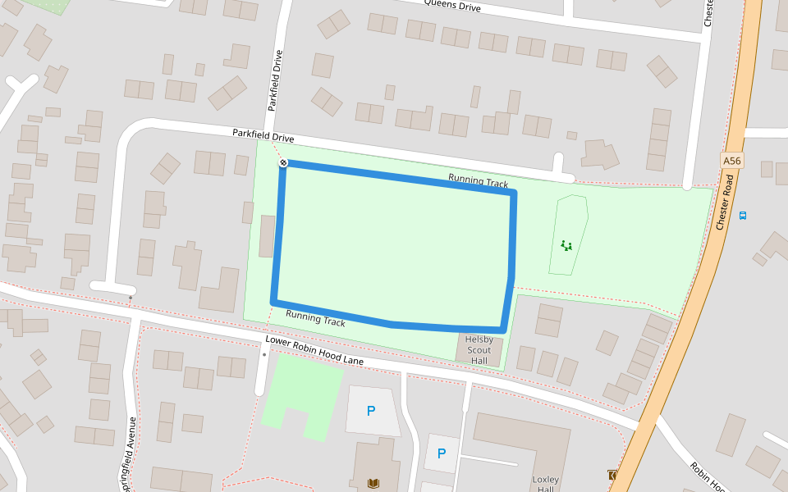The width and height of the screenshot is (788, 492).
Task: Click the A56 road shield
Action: coord(732,161)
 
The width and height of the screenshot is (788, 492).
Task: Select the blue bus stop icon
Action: coord(743,216)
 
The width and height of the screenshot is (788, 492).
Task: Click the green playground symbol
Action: coord(566,245)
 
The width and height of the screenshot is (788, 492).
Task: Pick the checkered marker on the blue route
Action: coord(283,163)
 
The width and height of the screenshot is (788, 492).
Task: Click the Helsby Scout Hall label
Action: coord(479,350)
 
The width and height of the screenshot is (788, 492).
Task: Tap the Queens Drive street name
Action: coord(452,5)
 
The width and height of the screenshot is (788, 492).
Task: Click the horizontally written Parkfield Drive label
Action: coord(263,135)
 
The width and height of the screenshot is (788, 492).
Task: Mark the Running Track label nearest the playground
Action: coord(479,181)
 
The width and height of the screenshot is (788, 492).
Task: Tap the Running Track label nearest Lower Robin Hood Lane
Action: coord(315,318)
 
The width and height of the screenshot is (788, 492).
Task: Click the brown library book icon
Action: coord(373,483)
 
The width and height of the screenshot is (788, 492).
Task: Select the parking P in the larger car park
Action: coord(371,411)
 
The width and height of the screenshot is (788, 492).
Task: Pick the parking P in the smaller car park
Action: coord(442,453)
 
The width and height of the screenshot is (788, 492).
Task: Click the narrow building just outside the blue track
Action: coord(267,236)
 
